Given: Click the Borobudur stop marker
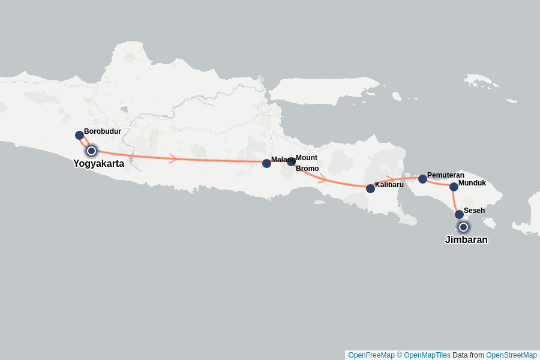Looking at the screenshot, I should coord(79,135).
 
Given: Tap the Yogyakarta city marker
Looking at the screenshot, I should coord(91,151).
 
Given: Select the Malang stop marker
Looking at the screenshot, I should coord(266,163).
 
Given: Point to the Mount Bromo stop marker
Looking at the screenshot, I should coord(291,161).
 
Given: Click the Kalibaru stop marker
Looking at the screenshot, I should coord(370,188).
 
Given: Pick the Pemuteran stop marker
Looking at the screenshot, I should coord(422,179).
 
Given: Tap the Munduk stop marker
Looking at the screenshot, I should coord(454,187).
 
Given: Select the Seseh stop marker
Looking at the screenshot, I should coord(459,214).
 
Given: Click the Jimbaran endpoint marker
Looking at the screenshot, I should coord(463,227).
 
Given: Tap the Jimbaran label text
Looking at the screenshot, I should coord(466,240).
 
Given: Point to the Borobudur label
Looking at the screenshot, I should coord(103,131).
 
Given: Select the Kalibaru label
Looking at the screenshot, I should coord(389,184).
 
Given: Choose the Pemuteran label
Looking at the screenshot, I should coord(446,175).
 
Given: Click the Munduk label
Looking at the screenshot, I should coord(472,183).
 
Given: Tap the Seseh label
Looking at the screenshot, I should coord(474,211).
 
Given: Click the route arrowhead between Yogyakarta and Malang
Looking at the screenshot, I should coord(173,158).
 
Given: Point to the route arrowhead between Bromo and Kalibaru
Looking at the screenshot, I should coord(323,178).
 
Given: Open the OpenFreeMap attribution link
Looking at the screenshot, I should coord(371,355).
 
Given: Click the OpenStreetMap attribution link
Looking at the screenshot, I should coord(511,355).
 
